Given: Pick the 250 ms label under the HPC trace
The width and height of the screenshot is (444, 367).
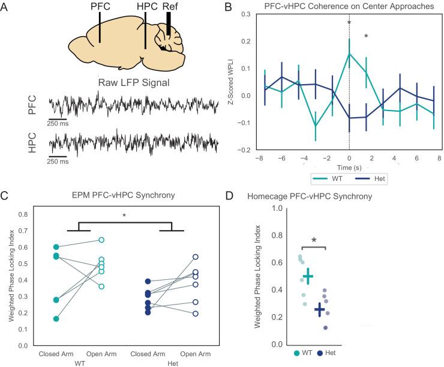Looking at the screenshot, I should click(x=58, y=162).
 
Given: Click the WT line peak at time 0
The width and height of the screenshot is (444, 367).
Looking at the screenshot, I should click(x=350, y=53).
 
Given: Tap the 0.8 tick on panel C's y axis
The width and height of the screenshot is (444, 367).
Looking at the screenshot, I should click(x=25, y=214).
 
